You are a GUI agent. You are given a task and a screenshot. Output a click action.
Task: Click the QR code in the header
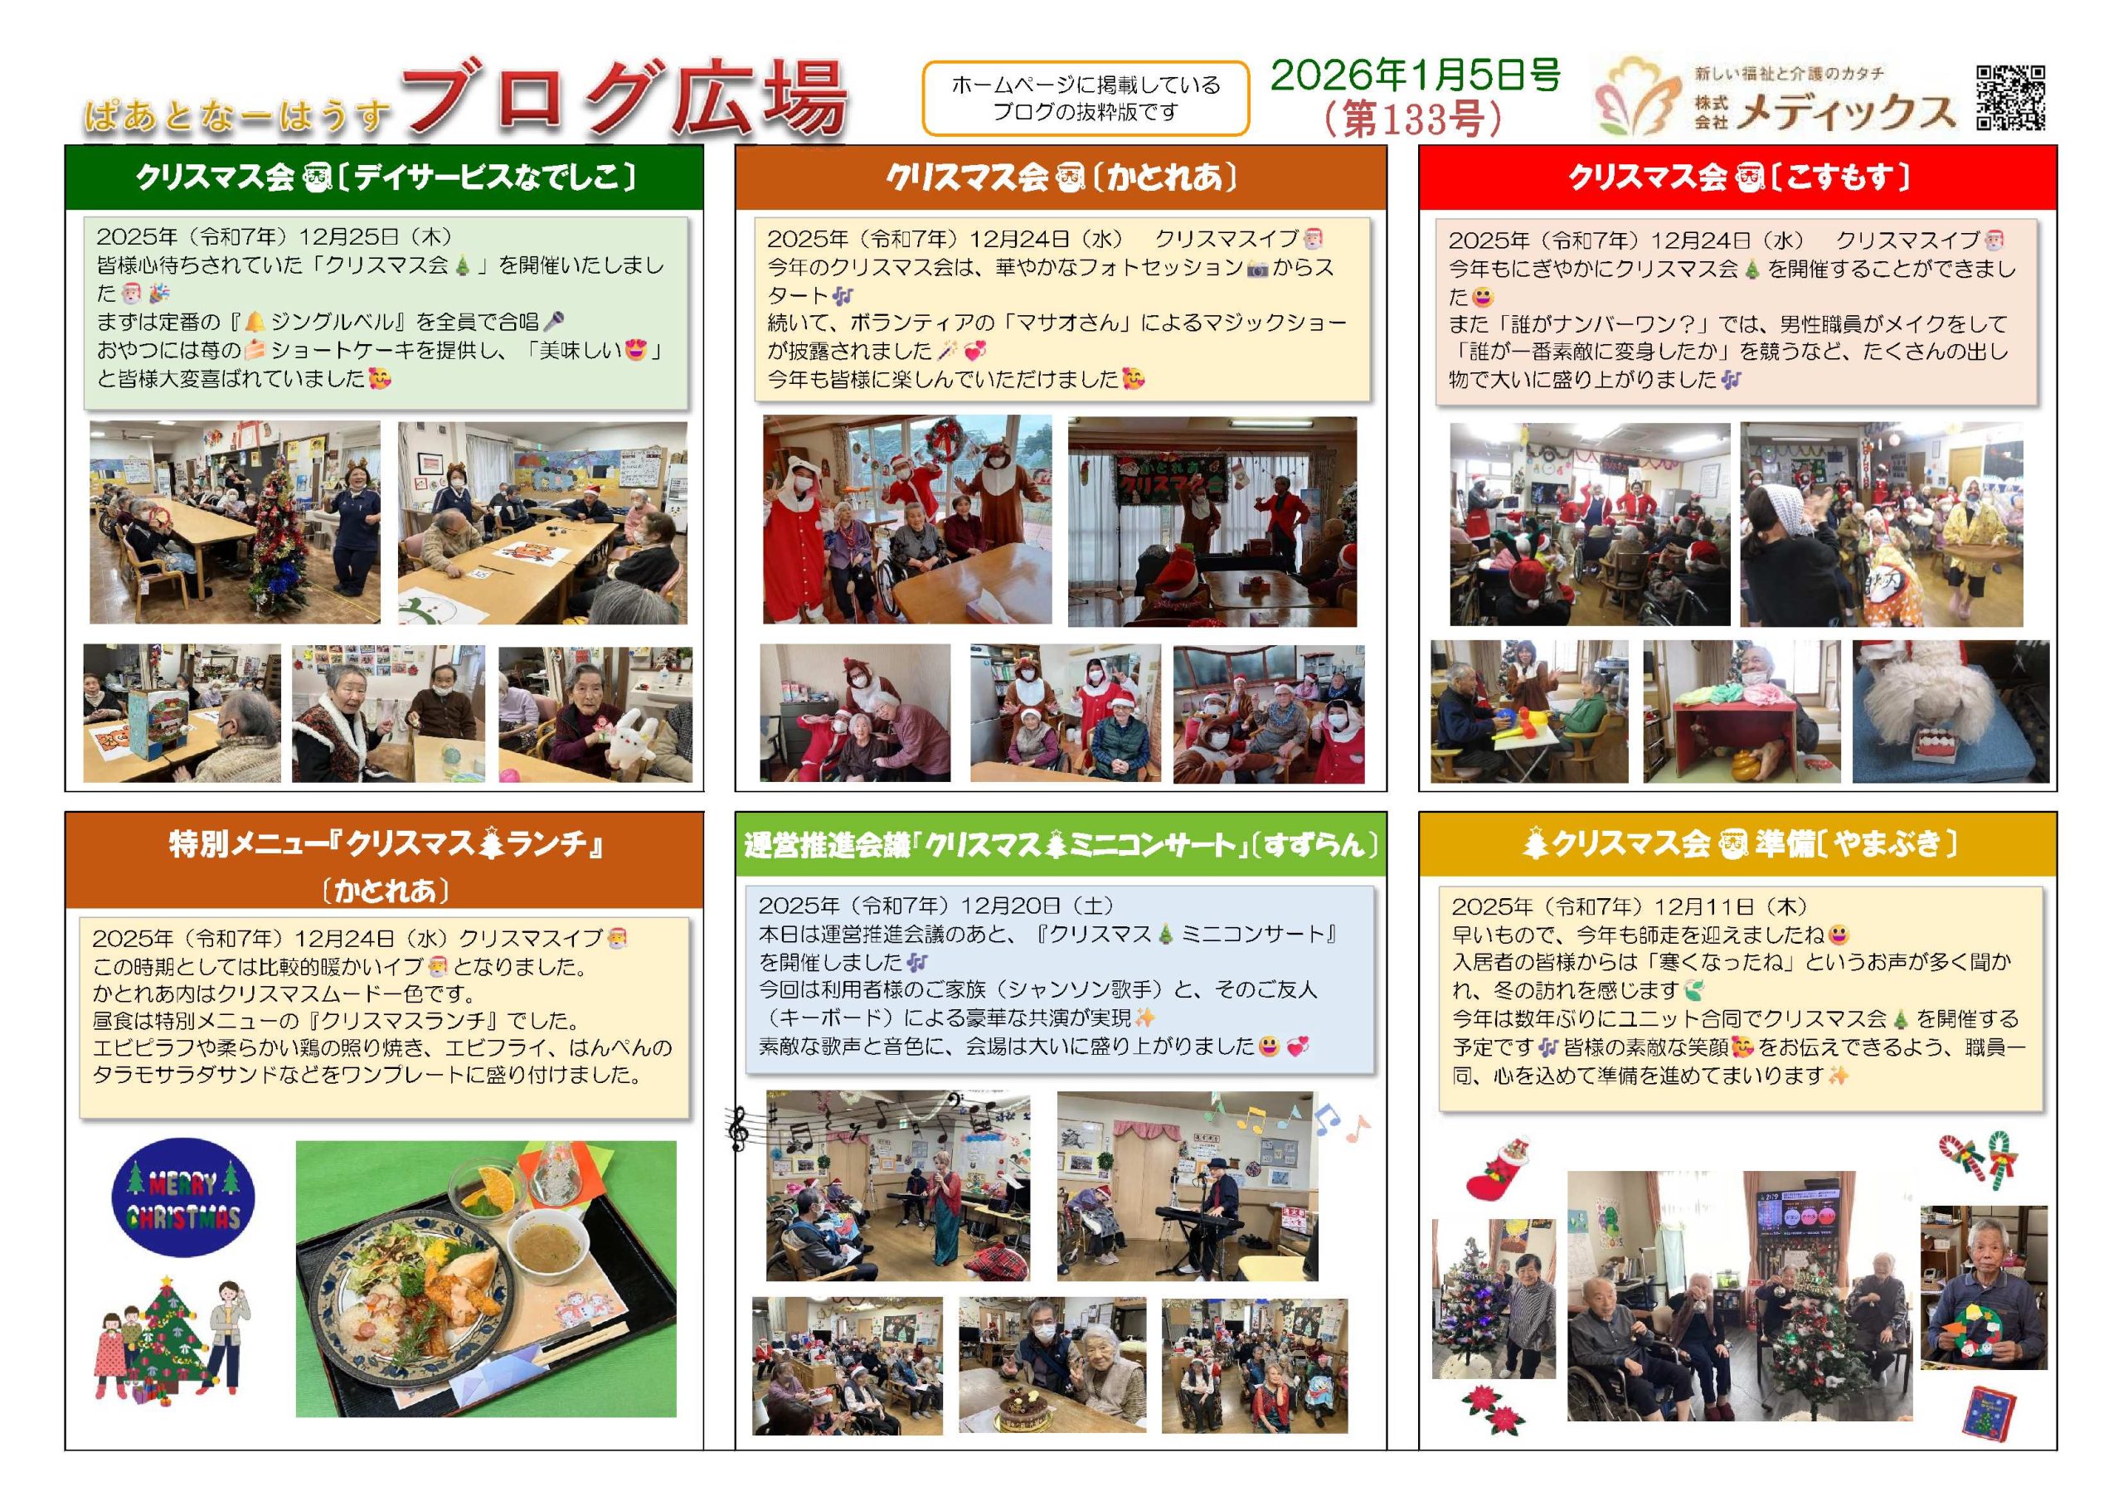coord(2010,97)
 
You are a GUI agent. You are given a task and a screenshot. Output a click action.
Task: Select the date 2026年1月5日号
coord(1415,75)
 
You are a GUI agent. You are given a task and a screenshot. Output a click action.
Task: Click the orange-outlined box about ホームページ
coord(1086,98)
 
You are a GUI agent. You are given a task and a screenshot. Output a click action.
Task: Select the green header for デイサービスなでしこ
coord(384,177)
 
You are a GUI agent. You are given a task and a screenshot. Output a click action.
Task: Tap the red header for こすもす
coord(1737,177)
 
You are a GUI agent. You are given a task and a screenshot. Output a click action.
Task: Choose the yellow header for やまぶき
coord(1737,844)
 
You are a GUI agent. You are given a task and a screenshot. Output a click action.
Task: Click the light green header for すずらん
coord(1061,844)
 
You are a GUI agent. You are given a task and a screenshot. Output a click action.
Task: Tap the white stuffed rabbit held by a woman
coord(630,736)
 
